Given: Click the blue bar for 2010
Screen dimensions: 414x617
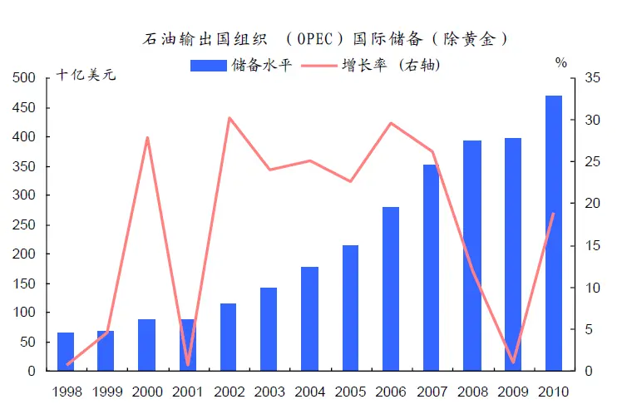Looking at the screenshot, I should click(554, 233).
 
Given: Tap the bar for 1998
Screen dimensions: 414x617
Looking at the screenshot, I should click(65, 351).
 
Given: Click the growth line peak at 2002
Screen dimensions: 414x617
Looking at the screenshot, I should click(229, 118).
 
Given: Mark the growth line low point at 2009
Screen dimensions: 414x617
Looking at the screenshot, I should click(513, 362).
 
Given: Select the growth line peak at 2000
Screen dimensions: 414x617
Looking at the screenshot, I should click(147, 137).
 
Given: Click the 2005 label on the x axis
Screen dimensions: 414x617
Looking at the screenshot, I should click(350, 392).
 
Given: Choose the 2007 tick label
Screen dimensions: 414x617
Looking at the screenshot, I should click(432, 392).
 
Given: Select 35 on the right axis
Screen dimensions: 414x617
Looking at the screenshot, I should click(592, 78).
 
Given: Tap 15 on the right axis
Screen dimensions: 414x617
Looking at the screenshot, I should click(592, 245).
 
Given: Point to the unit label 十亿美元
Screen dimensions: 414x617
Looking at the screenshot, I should click(86, 76).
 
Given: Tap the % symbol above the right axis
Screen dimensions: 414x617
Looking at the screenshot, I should click(560, 62).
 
